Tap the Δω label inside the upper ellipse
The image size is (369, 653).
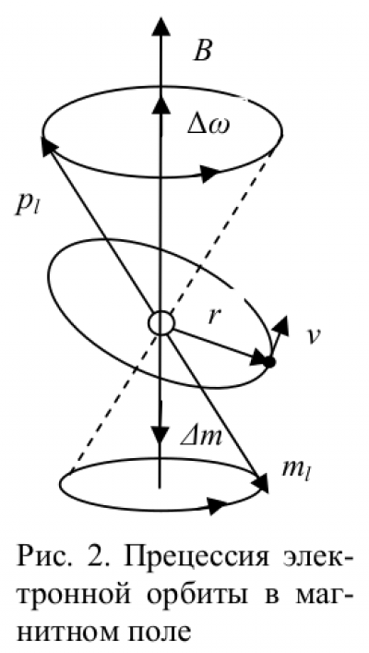(207, 126)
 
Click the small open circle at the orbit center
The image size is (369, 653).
(161, 322)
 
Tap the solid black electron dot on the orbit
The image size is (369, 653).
(270, 362)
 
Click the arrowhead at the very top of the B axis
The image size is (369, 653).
(161, 26)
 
